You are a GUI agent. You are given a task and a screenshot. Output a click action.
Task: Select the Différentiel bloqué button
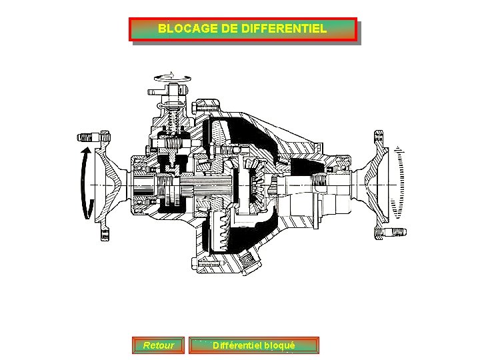click(253, 345)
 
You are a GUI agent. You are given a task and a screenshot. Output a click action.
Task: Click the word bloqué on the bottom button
click(279, 345)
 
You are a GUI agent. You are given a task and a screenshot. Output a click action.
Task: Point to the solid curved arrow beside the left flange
click(84, 183)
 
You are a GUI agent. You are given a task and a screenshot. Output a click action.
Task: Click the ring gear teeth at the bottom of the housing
click(224, 231)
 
